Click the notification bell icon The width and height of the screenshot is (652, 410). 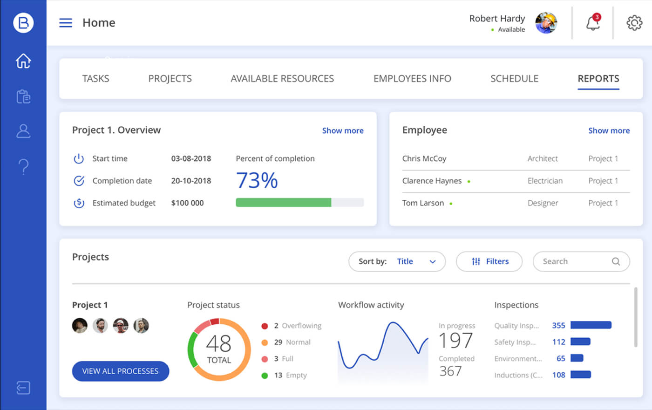tap(592, 23)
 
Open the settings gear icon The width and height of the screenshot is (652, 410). tap(634, 23)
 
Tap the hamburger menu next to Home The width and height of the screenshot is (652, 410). tap(66, 23)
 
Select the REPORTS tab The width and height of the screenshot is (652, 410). tap(598, 79)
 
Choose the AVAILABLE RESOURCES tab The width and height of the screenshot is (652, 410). tap(282, 79)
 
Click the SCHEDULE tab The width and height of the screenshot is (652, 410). tap(514, 79)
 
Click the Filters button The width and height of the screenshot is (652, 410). tap(489, 261)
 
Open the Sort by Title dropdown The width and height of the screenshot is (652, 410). tap(397, 261)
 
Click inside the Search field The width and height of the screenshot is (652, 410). tap(575, 261)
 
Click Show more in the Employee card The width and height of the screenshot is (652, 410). tap(609, 130)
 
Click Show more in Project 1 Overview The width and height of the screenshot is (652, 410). tap(343, 130)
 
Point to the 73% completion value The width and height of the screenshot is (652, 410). tap(257, 180)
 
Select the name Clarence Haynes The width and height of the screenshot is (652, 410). tap(432, 181)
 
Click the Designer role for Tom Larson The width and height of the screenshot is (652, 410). tap(543, 203)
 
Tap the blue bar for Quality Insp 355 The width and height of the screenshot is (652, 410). tap(591, 325)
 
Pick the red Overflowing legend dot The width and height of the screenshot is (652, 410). tap(265, 326)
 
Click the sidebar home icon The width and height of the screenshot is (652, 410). tap(23, 61)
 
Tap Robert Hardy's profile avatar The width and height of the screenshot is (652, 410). tap(546, 23)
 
